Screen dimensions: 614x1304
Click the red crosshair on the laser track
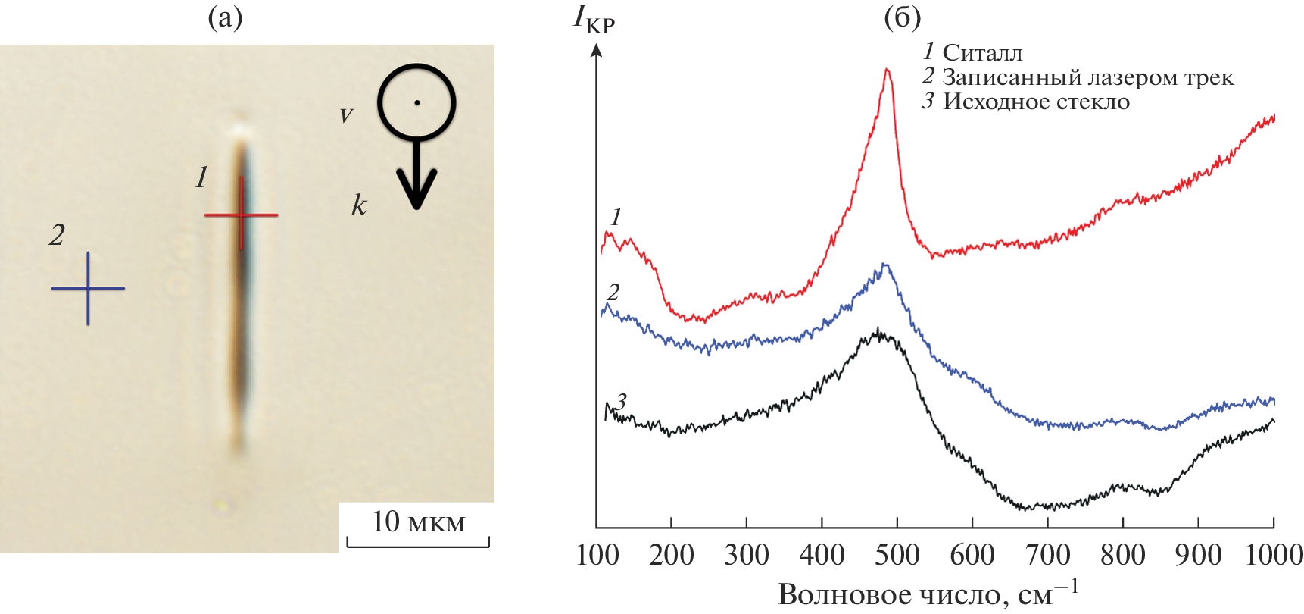click(x=242, y=215)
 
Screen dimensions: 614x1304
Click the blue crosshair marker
click(x=88, y=288)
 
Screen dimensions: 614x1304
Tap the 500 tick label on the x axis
click(x=897, y=556)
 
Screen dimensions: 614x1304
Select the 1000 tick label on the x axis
click(x=1274, y=556)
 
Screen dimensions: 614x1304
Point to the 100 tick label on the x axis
click(x=597, y=556)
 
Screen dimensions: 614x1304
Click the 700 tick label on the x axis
click(x=1047, y=556)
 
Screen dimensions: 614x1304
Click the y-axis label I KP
click(x=593, y=19)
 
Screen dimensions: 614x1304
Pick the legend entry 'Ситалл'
click(x=982, y=53)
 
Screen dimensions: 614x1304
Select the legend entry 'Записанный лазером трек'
click(x=1087, y=77)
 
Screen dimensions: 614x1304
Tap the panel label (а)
click(x=225, y=17)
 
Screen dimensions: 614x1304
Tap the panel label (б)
click(x=902, y=17)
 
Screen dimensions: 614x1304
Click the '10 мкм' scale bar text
click(x=418, y=522)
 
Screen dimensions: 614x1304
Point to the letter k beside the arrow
click(x=359, y=205)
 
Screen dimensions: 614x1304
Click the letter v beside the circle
click(x=346, y=115)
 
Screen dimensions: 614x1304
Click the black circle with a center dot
click(x=416, y=102)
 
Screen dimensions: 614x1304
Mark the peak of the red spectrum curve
click(x=887, y=70)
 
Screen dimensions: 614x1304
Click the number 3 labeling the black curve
click(x=622, y=401)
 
